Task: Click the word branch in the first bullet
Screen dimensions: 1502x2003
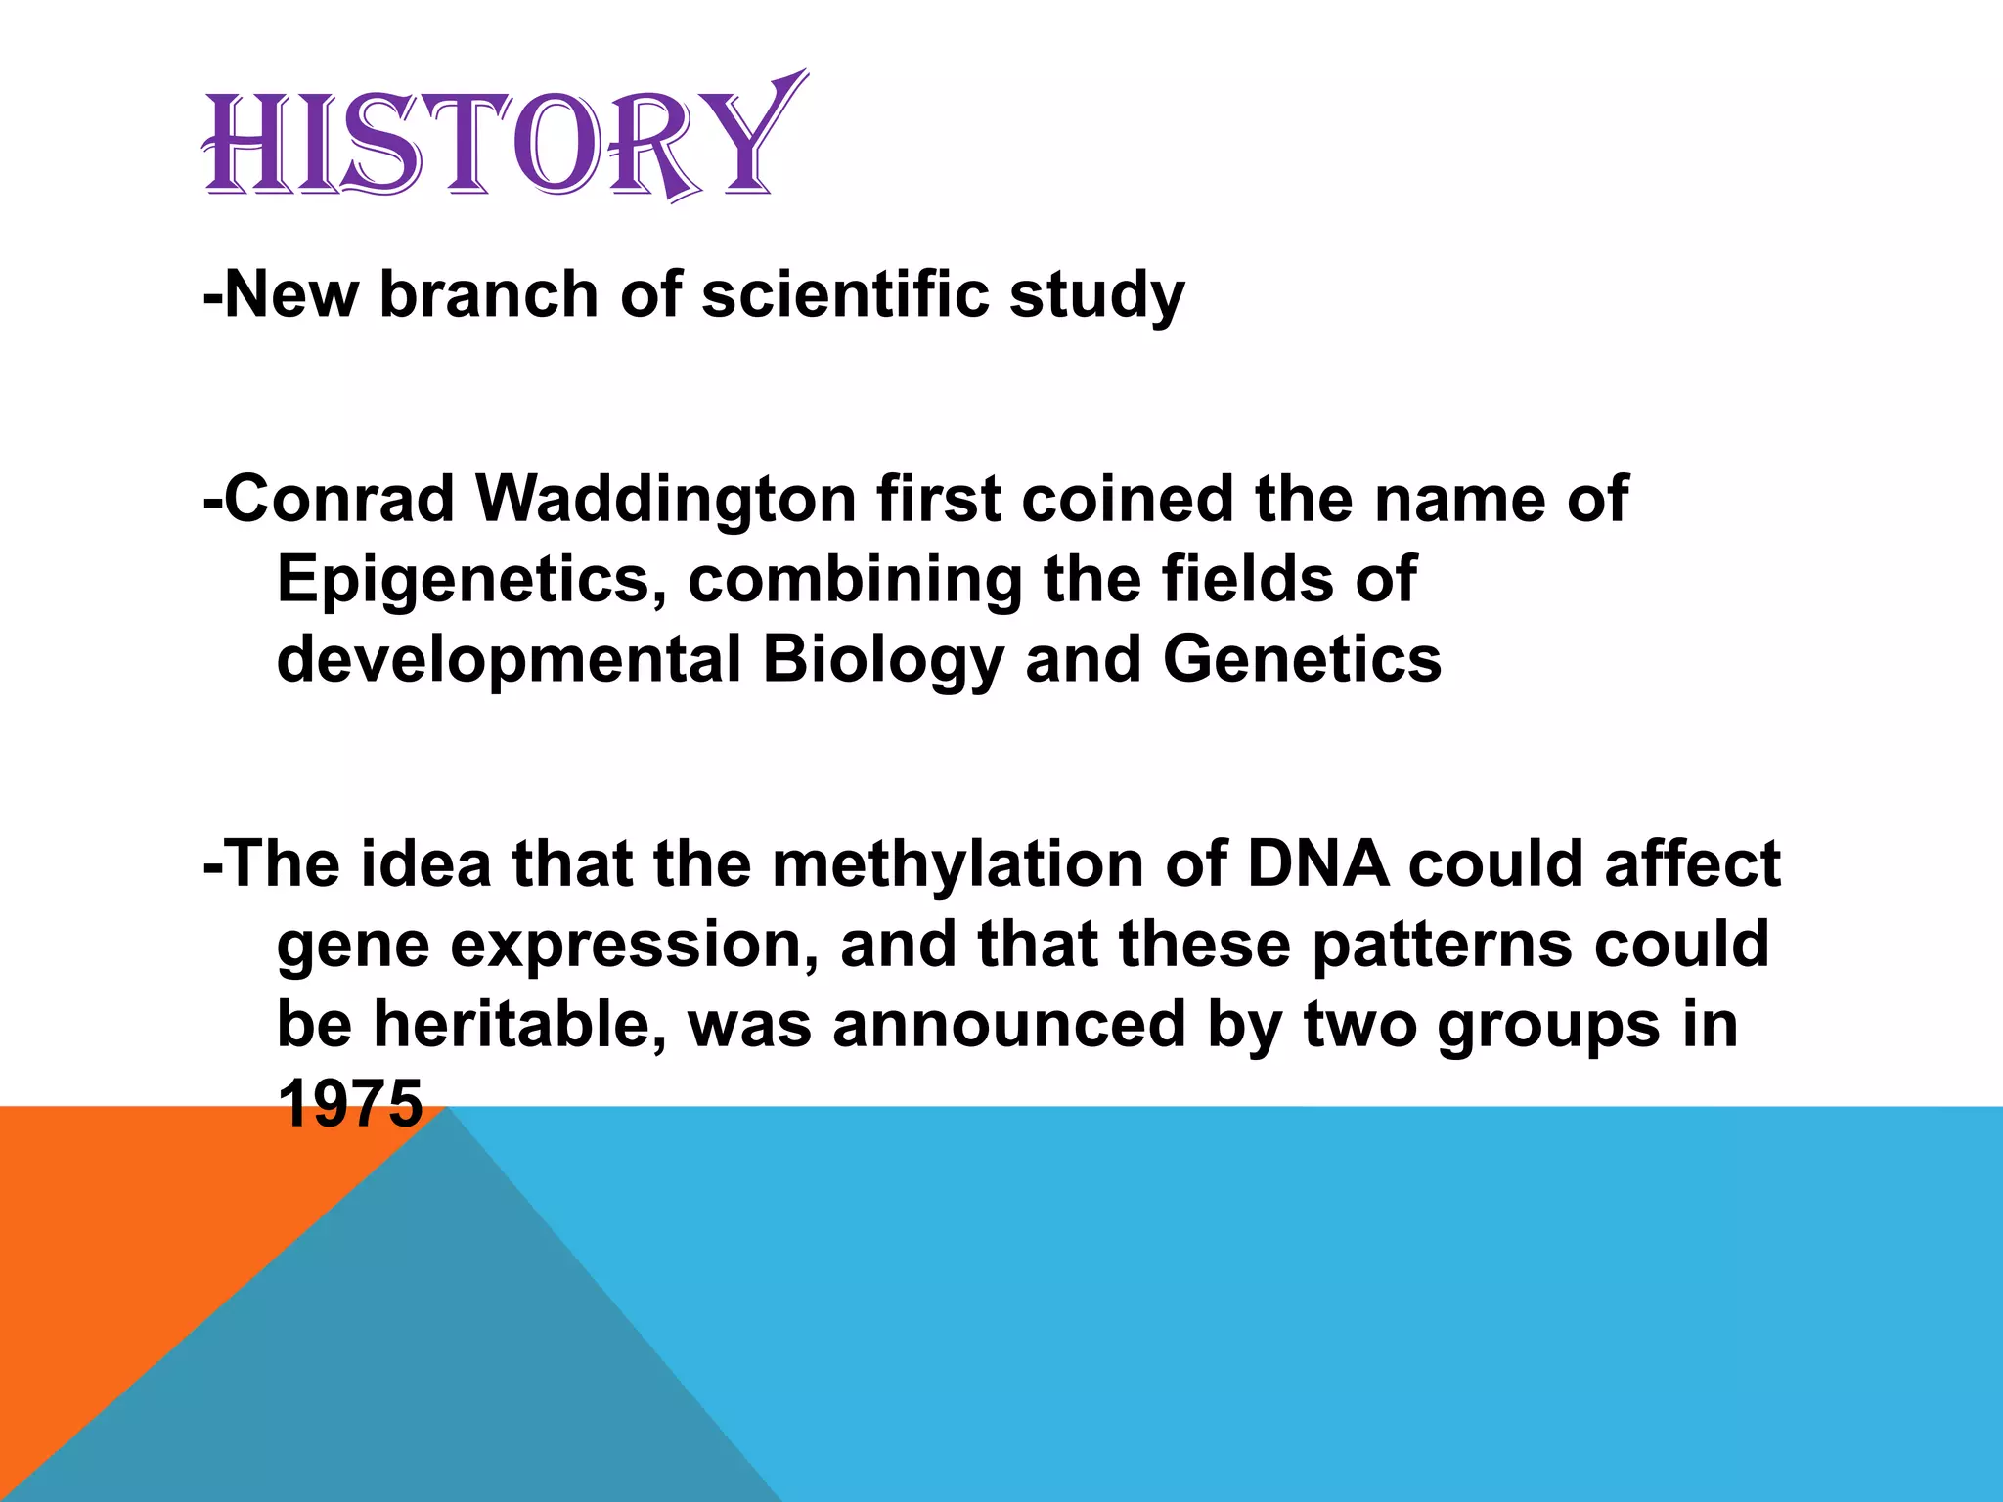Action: (488, 294)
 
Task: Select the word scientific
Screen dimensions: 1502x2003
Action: (844, 294)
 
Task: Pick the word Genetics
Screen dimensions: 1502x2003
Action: (1302, 659)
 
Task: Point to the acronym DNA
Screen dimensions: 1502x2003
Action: (1317, 863)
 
